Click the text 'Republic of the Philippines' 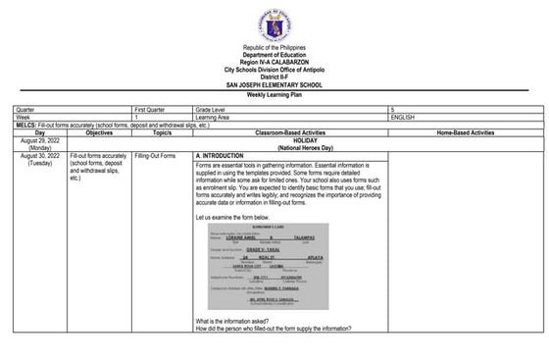click(x=274, y=49)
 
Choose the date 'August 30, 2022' click(x=34, y=156)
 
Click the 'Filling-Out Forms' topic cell click(x=155, y=156)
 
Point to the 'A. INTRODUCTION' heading click(x=219, y=156)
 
